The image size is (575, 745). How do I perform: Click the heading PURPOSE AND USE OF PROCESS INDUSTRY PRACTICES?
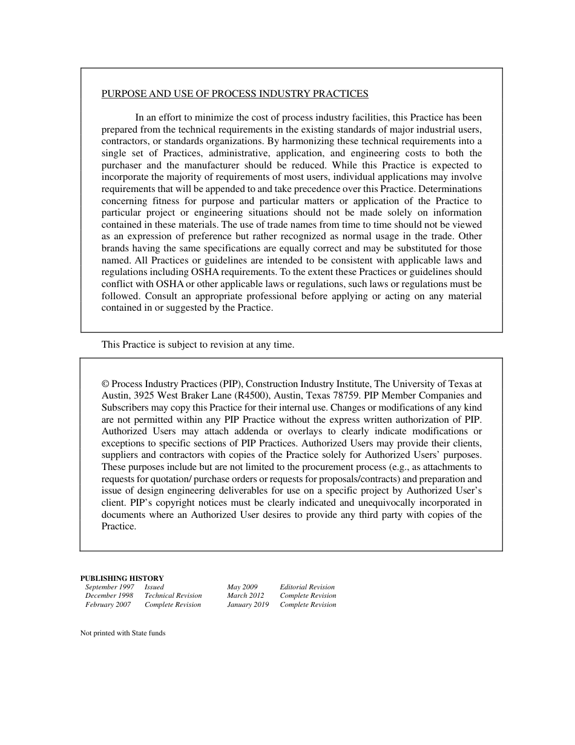tap(235, 94)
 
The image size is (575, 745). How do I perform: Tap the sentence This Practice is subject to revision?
tap(197, 345)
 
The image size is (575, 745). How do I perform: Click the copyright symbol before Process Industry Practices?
tap(105, 384)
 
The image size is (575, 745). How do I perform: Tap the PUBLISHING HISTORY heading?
tap(122, 578)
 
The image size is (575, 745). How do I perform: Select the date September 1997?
tap(110, 587)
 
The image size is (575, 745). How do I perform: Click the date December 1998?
tap(109, 595)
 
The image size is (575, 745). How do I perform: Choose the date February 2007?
tap(108, 604)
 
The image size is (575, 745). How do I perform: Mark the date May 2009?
tap(242, 587)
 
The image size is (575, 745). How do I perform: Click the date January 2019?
tap(248, 604)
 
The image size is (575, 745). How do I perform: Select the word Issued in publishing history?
tap(154, 587)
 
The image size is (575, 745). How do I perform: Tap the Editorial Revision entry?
tap(307, 587)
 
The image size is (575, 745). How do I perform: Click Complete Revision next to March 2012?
tap(307, 595)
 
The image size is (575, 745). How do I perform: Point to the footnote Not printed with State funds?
tap(123, 633)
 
